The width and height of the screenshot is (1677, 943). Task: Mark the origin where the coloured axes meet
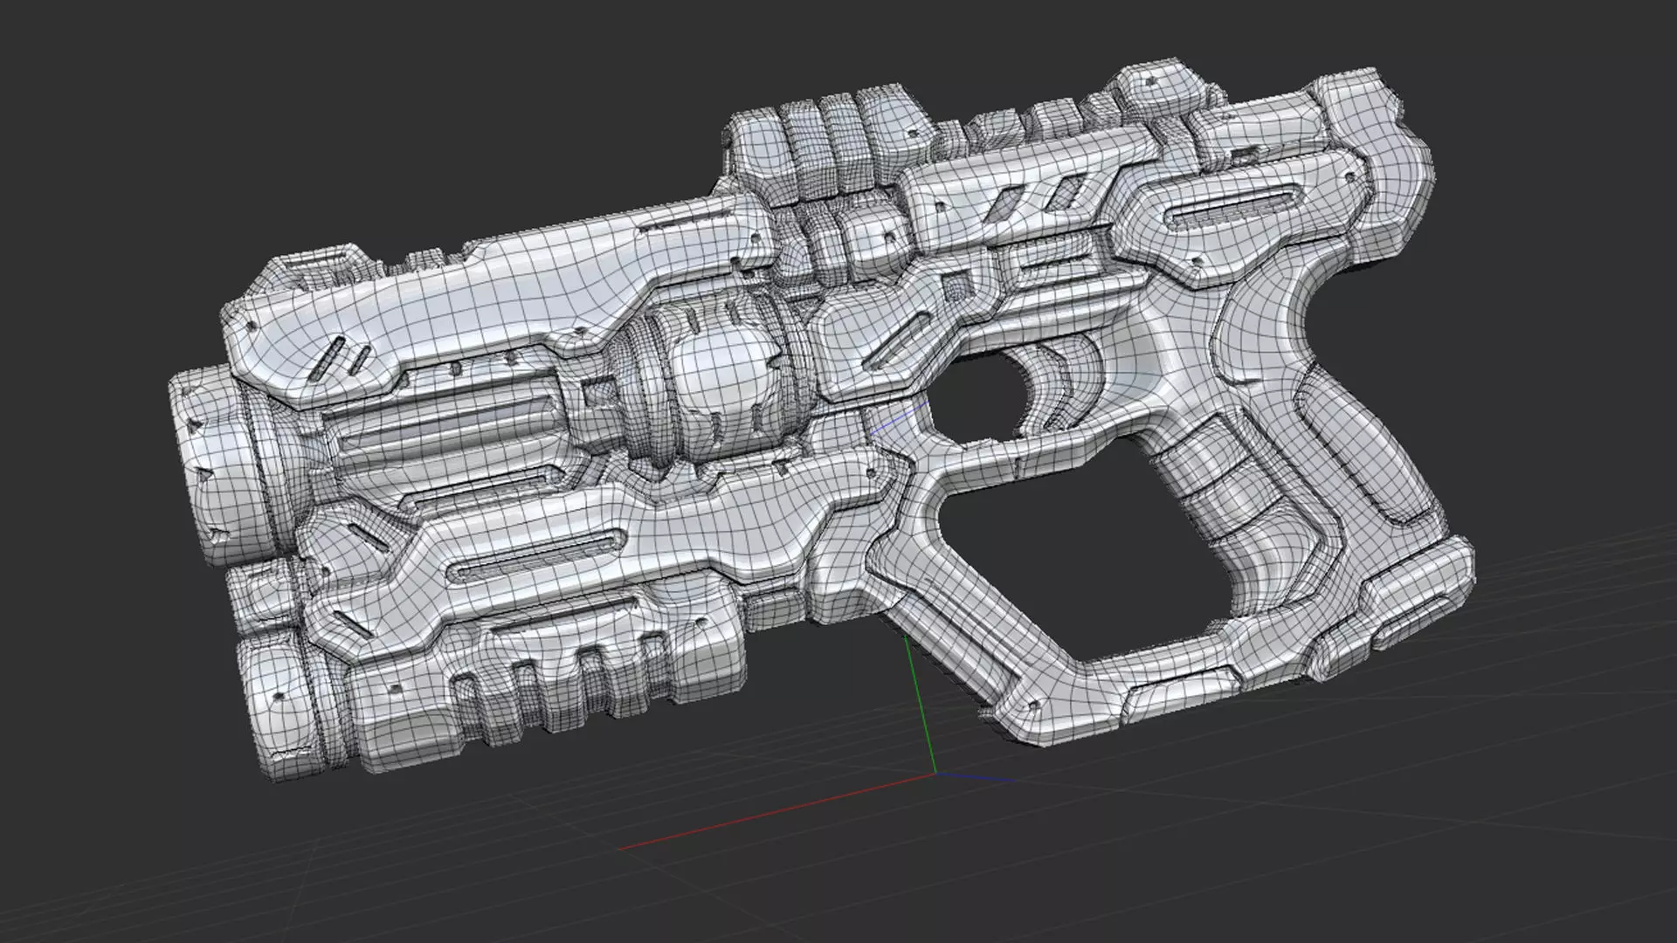click(x=935, y=774)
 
